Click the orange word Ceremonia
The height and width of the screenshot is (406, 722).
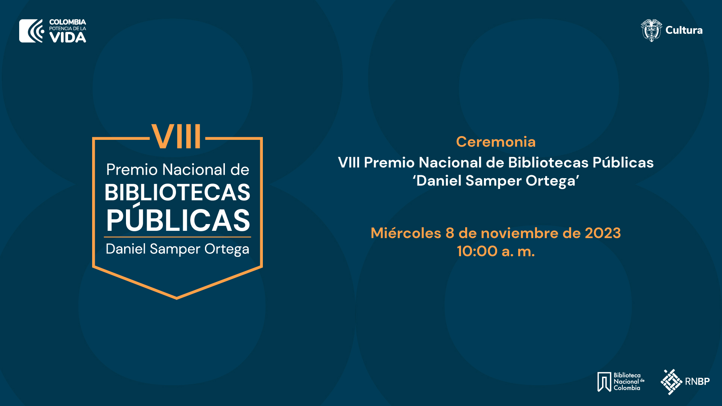(496, 142)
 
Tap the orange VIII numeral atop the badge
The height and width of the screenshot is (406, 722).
(176, 136)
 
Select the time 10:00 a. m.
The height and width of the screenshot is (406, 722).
(496, 251)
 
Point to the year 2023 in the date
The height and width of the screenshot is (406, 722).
(603, 233)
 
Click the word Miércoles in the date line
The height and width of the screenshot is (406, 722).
(406, 233)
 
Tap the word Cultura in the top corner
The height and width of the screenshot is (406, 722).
(684, 30)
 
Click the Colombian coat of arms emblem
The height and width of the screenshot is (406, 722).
(651, 30)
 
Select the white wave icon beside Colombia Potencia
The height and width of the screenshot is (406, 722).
(32, 31)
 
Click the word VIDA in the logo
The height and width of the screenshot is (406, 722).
(68, 37)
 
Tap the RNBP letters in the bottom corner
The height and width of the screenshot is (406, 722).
(697, 382)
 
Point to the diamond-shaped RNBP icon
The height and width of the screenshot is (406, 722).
(671, 382)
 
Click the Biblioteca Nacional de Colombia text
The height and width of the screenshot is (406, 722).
(629, 382)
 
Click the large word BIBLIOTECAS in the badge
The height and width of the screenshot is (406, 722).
(177, 192)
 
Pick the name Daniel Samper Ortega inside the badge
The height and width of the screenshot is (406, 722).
(177, 249)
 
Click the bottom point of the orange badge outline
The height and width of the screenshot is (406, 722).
(177, 298)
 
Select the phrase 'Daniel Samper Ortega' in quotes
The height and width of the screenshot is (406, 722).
(496, 181)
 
